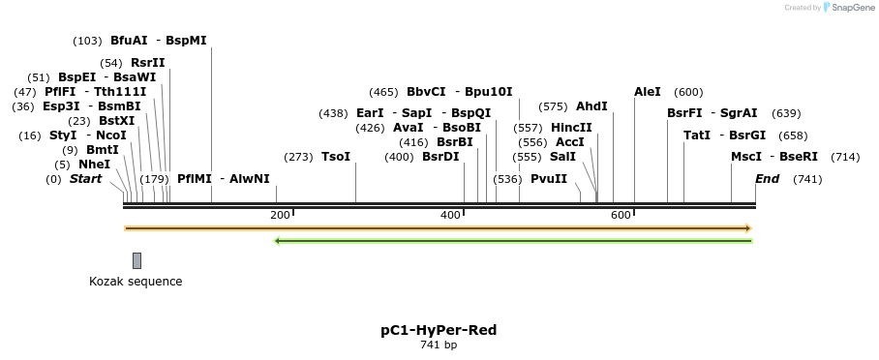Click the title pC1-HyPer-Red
coord(439,330)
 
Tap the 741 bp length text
coord(439,345)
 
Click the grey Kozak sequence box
coord(137,260)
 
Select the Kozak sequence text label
coord(136,282)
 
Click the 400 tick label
coord(451,215)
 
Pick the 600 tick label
coord(621,215)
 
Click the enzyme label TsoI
coord(336,157)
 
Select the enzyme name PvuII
coord(549,178)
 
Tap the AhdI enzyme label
coord(591,106)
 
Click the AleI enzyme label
coord(648,92)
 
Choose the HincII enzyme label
coord(571,128)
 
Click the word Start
coord(85,179)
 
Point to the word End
coord(767,179)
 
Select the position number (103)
coord(87,41)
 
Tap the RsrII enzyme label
coord(147,63)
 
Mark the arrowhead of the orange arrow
coord(747,228)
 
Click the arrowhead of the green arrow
coord(279,241)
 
